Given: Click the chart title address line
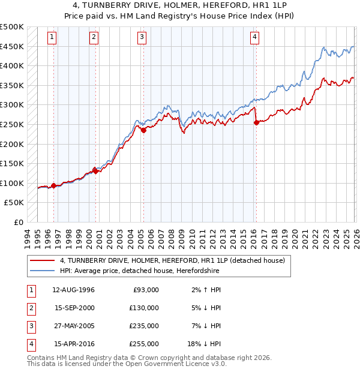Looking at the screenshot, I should click(179, 5).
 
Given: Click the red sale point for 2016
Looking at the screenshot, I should click(257, 122).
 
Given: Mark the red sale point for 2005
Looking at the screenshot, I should click(144, 130).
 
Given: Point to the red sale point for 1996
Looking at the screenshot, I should click(53, 185).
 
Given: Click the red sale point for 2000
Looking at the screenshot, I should click(95, 171).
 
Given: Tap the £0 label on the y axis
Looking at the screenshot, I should click(19, 222).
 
